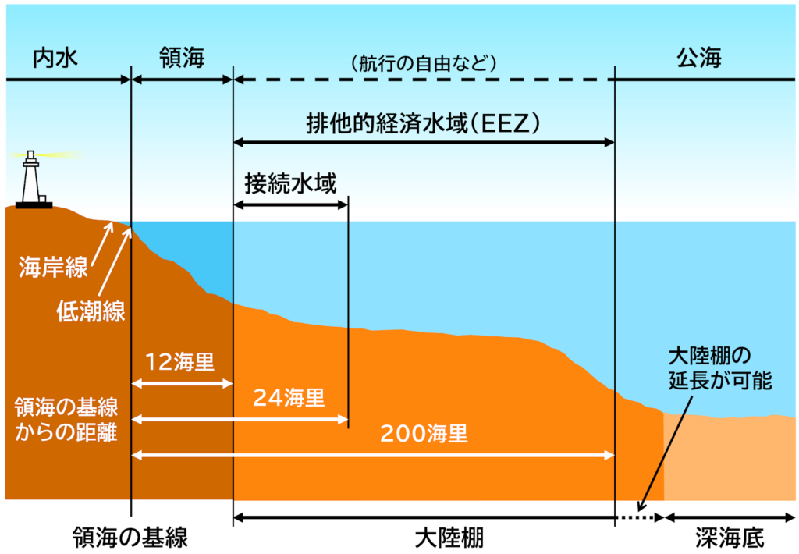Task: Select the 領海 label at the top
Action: (182, 58)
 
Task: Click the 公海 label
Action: (699, 58)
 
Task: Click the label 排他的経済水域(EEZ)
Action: (424, 123)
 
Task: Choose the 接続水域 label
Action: (290, 185)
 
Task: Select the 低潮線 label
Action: (91, 310)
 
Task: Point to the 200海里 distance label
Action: (424, 434)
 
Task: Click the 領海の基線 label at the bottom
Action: (130, 538)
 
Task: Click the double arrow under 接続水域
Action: (290, 205)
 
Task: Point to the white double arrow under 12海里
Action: (182, 384)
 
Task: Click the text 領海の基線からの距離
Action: (66, 418)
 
